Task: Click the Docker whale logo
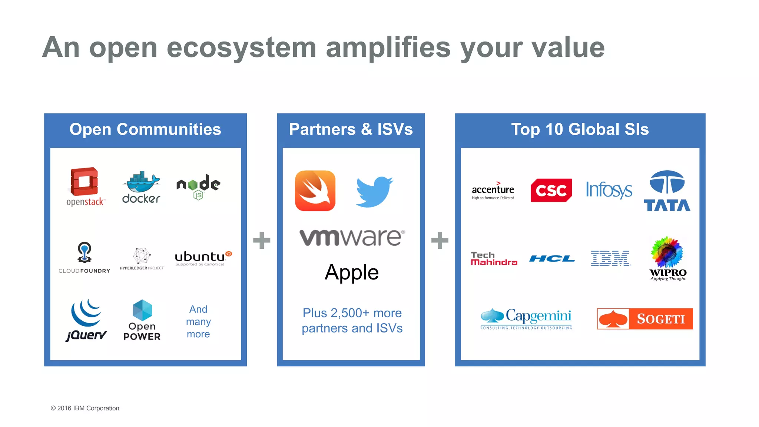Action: click(141, 187)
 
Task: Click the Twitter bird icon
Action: click(374, 191)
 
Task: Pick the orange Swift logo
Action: click(315, 191)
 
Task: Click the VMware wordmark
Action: click(352, 237)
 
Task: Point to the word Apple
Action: click(352, 272)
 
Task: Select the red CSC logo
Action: click(551, 191)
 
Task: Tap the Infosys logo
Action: click(609, 190)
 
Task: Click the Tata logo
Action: click(667, 191)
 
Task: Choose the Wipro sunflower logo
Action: click(667, 258)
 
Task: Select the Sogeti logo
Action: click(645, 319)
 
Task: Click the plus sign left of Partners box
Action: click(262, 240)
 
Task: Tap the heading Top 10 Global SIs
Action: click(580, 129)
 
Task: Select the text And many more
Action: click(198, 321)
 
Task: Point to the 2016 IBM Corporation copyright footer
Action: click(85, 408)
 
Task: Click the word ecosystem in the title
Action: click(241, 48)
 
